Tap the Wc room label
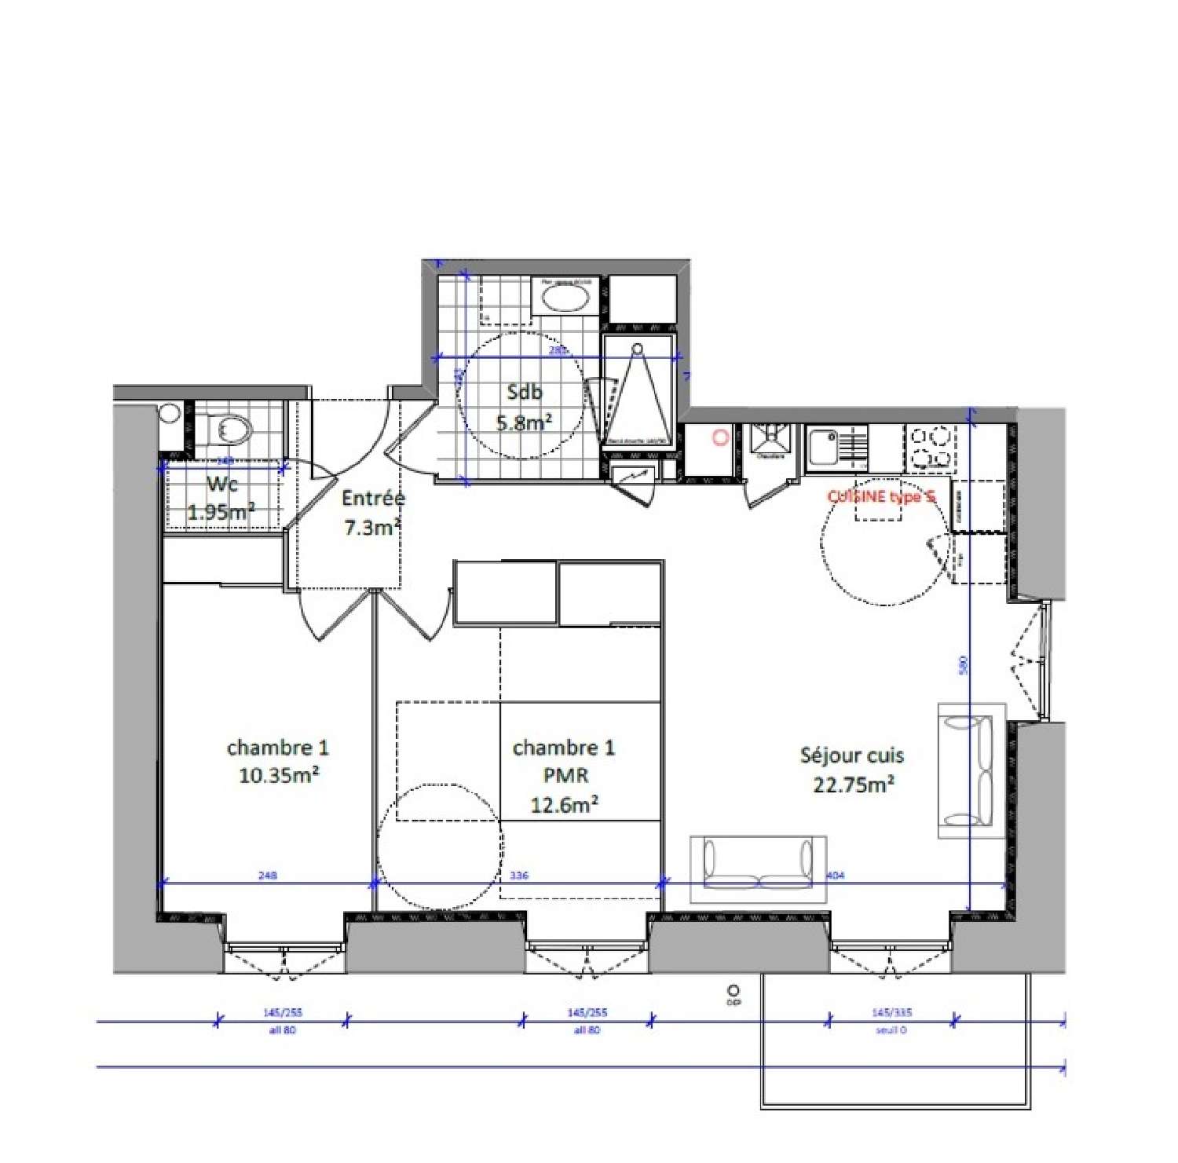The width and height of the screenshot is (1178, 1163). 222,483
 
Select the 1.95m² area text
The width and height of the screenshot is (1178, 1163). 221,512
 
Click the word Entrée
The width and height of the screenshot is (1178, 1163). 373,498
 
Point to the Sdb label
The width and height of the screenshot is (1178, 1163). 524,392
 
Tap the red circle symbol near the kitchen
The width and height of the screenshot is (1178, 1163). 720,437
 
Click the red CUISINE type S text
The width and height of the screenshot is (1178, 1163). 881,496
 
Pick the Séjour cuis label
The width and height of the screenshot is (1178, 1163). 852,755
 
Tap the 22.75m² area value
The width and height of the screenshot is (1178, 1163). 854,784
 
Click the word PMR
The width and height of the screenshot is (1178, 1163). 565,776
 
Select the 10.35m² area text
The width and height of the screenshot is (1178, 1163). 279,776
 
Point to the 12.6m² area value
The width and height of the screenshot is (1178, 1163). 565,805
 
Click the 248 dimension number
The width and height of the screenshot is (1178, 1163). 268,875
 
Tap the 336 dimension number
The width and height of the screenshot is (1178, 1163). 519,875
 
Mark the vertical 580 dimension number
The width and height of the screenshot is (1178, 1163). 964,664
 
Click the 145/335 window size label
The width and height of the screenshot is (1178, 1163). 891,1012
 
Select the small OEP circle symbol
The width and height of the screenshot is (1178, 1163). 734,991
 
